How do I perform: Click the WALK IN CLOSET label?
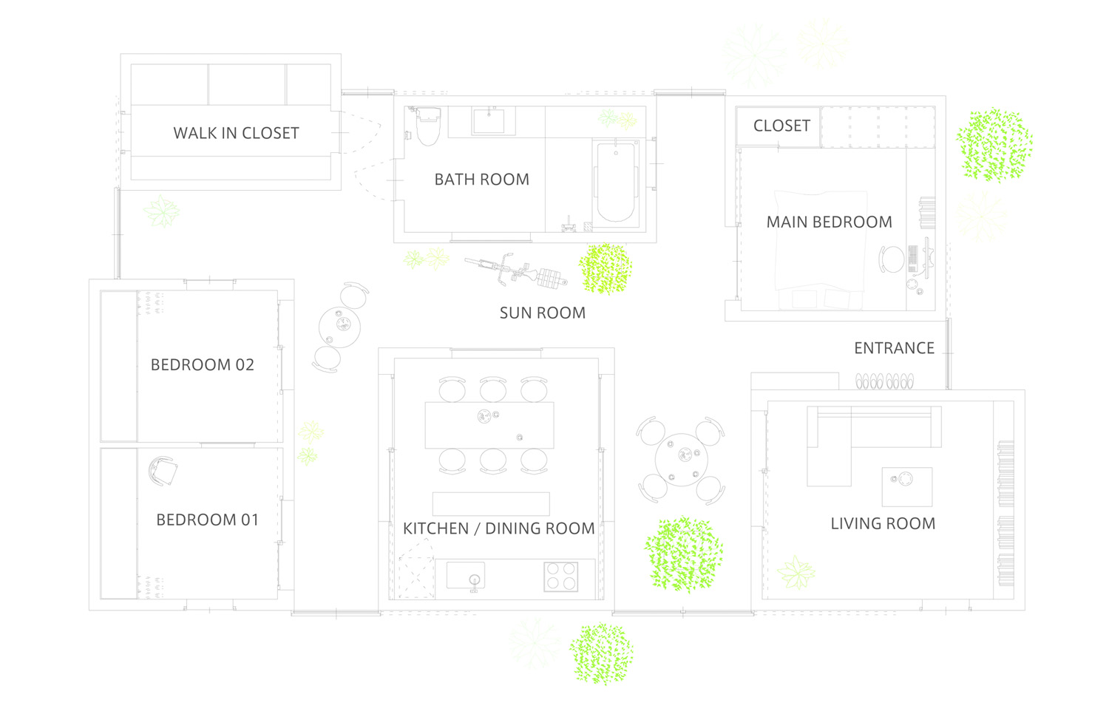point(236,133)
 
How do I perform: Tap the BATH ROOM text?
point(482,179)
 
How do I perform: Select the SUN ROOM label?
point(543,313)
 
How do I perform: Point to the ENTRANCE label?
point(894,348)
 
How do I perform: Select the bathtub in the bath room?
point(616,182)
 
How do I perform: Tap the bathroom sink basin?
point(489,121)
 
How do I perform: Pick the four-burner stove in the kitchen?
point(561,576)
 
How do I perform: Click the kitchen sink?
point(465,576)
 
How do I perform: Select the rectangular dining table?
point(489,426)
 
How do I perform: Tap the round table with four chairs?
point(681,460)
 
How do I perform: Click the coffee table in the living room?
point(907,487)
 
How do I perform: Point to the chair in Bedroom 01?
point(163,471)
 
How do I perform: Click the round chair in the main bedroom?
point(892,259)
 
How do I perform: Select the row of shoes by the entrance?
point(885,381)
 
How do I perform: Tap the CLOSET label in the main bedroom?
point(781,126)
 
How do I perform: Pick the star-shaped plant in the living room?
point(796,573)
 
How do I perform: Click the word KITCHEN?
point(435,528)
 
